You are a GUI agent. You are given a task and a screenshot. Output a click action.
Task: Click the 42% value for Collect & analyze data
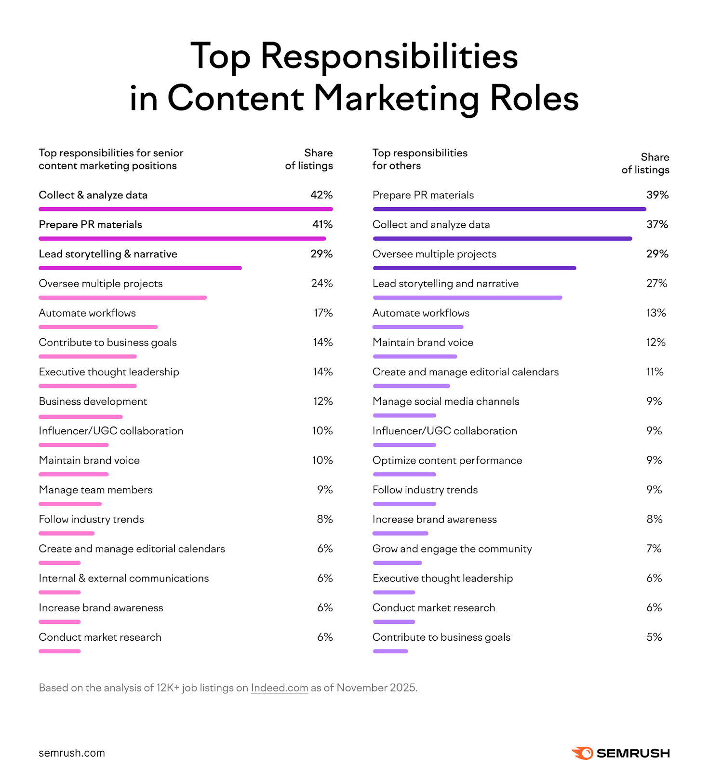pyautogui.click(x=321, y=195)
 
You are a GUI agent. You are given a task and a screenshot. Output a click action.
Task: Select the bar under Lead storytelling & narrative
pyautogui.click(x=140, y=268)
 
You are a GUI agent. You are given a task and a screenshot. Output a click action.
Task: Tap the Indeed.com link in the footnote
pyautogui.click(x=279, y=688)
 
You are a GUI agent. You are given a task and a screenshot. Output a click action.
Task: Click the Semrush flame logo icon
pyautogui.click(x=582, y=753)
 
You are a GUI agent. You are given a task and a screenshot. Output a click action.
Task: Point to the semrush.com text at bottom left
pyautogui.click(x=72, y=753)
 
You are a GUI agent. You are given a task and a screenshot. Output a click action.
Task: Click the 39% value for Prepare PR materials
pyautogui.click(x=657, y=195)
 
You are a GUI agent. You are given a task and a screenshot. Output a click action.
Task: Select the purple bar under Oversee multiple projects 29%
pyautogui.click(x=474, y=268)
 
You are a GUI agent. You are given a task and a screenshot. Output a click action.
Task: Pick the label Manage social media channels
pyautogui.click(x=446, y=401)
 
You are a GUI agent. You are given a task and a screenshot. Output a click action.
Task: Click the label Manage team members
pyautogui.click(x=95, y=490)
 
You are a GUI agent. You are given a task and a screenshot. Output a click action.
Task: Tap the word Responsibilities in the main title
pyautogui.click(x=389, y=56)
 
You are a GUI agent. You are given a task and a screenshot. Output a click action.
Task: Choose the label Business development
pyautogui.click(x=93, y=401)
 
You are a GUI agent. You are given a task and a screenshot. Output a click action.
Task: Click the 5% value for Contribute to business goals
pyautogui.click(x=654, y=637)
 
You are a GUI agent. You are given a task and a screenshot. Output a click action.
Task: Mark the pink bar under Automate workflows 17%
pyautogui.click(x=98, y=327)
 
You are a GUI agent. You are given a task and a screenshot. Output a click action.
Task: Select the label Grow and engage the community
pyautogui.click(x=452, y=549)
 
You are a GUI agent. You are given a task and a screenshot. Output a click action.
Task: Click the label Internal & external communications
pyautogui.click(x=124, y=578)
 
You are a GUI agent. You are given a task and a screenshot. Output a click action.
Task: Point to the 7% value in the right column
pyautogui.click(x=654, y=549)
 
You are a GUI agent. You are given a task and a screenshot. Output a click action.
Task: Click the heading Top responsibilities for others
pyautogui.click(x=419, y=159)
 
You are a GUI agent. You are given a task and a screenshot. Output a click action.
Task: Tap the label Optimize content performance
pyautogui.click(x=447, y=460)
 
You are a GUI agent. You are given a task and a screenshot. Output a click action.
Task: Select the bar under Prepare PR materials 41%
pyautogui.click(x=182, y=238)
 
